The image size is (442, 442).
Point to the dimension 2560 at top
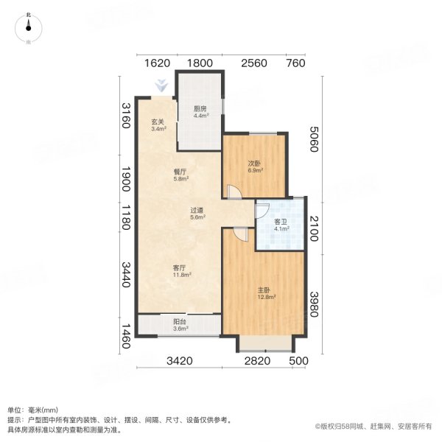(252, 63)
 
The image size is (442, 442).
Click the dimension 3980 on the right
(315, 303)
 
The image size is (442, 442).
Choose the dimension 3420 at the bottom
(180, 360)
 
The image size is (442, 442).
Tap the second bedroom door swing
(233, 192)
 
